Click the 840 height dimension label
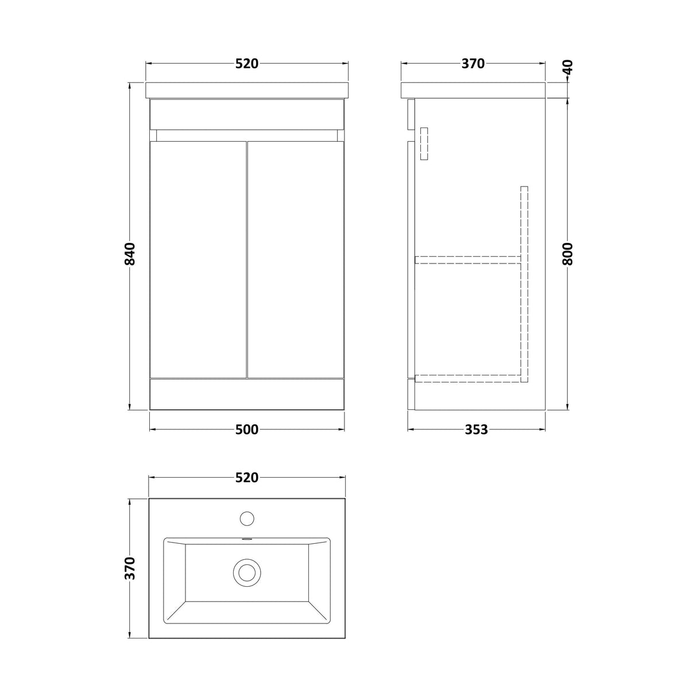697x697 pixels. pos(130,254)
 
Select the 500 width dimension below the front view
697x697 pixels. pos(247,429)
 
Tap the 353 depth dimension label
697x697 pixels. pos(477,429)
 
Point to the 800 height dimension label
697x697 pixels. pos(567,254)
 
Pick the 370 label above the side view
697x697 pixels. pos(473,64)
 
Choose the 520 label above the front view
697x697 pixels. pos(247,64)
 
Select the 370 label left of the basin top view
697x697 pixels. pos(130,568)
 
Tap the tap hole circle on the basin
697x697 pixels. pos(247,518)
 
